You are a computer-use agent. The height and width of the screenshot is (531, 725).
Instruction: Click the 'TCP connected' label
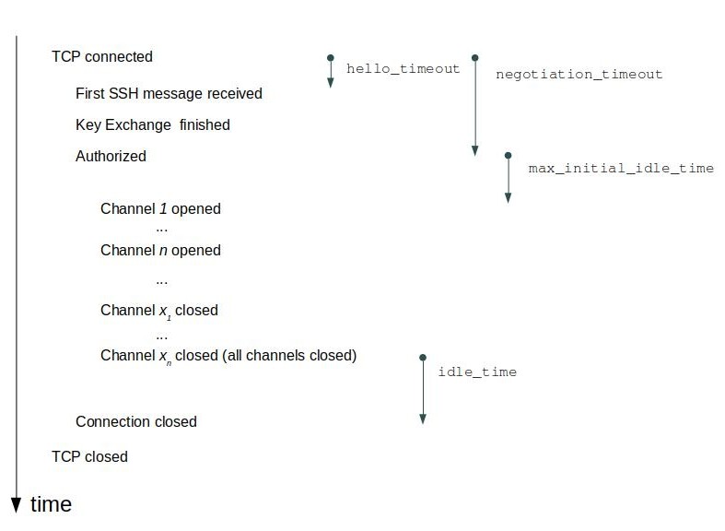(x=101, y=57)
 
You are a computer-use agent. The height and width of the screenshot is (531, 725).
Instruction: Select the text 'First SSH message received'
(x=169, y=94)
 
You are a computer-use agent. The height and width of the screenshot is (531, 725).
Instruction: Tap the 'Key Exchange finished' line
(x=153, y=124)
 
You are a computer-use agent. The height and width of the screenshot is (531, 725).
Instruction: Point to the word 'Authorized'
(x=111, y=157)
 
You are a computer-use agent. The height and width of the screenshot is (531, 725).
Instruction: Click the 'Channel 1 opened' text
(x=160, y=209)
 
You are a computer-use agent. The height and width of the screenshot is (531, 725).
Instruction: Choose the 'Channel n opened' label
(x=160, y=250)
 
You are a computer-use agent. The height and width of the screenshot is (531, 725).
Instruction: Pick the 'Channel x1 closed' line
(x=158, y=311)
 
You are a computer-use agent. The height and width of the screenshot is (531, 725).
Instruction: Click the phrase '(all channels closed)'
(x=289, y=355)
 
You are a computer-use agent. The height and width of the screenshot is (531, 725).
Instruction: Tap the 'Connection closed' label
(x=136, y=422)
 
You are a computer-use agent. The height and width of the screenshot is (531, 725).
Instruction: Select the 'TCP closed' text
(x=89, y=457)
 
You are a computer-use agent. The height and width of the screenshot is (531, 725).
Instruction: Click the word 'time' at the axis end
(x=51, y=504)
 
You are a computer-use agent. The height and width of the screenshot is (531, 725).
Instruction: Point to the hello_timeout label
(x=403, y=69)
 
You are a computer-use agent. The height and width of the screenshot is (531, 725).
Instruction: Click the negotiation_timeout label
(x=579, y=75)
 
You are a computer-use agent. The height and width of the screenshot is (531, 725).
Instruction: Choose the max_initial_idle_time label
(x=621, y=169)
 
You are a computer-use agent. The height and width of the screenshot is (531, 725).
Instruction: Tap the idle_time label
(x=476, y=372)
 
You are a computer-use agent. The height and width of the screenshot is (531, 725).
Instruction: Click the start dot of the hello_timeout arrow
(x=330, y=58)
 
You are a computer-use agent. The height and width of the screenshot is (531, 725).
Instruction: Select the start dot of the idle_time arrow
(x=423, y=357)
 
